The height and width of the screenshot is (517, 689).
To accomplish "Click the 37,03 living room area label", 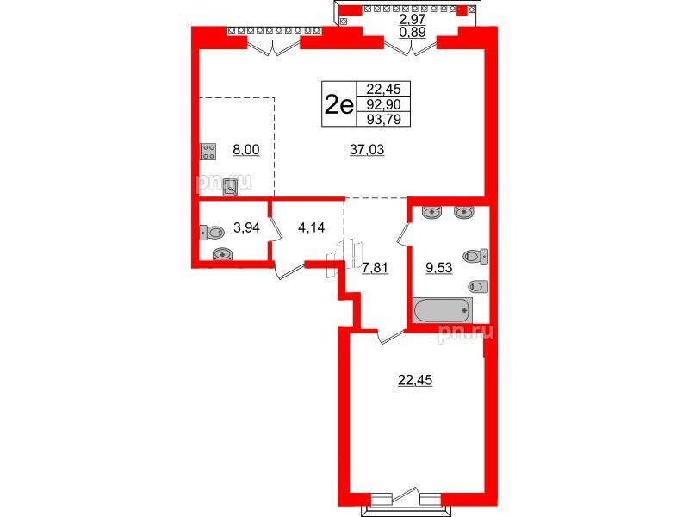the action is [367, 150].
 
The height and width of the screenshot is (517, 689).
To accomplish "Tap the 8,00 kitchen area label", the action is [246, 150].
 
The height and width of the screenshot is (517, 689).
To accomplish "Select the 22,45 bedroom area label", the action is [415, 380].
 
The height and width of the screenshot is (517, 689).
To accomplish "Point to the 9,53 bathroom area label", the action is [439, 267].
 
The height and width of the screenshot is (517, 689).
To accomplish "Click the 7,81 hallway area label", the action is [375, 267].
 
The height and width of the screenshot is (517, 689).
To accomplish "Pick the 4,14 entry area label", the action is [312, 228].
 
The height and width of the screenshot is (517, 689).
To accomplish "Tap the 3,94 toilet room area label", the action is [247, 228].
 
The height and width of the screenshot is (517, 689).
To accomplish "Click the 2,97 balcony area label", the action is [413, 19].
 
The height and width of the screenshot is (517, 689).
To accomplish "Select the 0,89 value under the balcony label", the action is [413, 32].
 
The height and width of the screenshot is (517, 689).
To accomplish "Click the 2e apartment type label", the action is [338, 105].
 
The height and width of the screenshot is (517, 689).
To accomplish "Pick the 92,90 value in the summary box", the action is [383, 104].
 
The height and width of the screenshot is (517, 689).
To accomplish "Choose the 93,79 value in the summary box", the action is [383, 119].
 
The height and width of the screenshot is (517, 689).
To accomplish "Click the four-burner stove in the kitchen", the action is [208, 152].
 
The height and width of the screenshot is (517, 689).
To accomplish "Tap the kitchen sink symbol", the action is [230, 188].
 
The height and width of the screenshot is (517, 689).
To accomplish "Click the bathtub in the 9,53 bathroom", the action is [443, 310].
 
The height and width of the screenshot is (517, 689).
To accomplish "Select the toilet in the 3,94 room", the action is [212, 232].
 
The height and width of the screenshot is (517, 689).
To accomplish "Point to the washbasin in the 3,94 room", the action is [223, 254].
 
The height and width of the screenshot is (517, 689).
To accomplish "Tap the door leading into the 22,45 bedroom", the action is [390, 337].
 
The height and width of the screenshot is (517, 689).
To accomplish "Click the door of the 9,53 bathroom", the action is [403, 232].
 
